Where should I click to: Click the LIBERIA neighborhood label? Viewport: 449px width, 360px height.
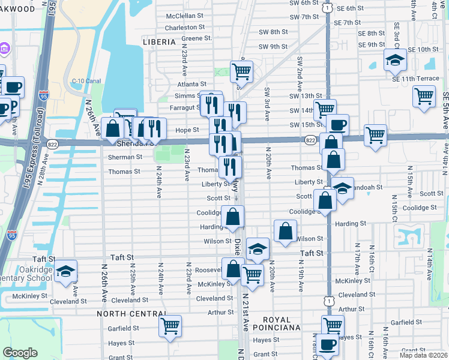tap(159, 42)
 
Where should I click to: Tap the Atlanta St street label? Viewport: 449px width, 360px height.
tap(191, 85)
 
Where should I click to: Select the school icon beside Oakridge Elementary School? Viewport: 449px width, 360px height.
tap(66, 271)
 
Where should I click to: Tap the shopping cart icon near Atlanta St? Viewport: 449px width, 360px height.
tap(241, 71)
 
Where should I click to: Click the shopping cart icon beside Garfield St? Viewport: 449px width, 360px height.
tap(170, 326)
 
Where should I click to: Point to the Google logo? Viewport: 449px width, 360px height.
tap(20, 353)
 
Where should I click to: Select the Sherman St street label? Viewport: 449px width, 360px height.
tap(125, 157)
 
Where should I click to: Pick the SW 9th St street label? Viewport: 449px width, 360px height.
tap(273, 47)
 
